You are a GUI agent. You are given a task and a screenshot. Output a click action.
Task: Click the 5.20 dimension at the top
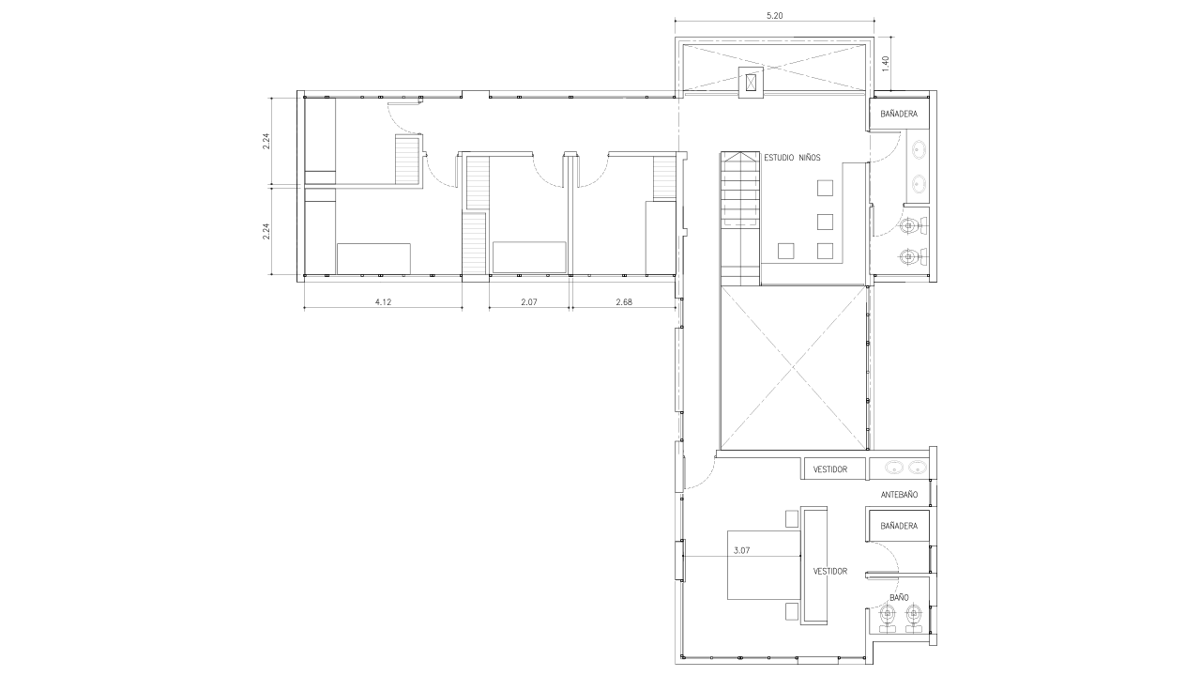(x=774, y=16)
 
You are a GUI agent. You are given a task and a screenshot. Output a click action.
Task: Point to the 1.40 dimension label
(x=885, y=64)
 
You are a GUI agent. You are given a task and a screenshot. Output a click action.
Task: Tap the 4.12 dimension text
(x=383, y=302)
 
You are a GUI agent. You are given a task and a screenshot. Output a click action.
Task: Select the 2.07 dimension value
(x=528, y=302)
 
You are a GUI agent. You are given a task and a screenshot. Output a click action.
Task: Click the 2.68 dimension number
(x=624, y=302)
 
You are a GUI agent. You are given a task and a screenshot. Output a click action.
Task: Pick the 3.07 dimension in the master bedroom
(x=741, y=550)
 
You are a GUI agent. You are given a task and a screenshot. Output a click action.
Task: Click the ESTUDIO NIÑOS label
(x=792, y=158)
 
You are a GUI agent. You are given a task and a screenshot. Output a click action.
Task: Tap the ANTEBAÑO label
(x=899, y=495)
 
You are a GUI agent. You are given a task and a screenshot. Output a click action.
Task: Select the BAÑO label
(x=899, y=597)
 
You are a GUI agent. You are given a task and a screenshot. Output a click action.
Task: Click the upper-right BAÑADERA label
(x=899, y=114)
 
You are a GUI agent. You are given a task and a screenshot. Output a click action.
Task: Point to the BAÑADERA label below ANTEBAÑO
(x=899, y=527)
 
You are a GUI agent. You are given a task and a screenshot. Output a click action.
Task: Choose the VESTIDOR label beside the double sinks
(x=830, y=469)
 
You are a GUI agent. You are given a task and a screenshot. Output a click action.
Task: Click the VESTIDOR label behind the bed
(x=830, y=572)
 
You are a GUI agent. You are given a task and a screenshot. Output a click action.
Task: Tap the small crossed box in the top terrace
(x=751, y=83)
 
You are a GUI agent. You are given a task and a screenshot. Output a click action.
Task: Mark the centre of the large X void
(x=794, y=367)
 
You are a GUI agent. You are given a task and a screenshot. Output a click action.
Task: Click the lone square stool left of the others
(x=786, y=251)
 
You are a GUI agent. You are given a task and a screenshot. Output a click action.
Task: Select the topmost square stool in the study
(x=825, y=188)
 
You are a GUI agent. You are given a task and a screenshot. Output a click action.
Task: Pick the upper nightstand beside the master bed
(x=792, y=519)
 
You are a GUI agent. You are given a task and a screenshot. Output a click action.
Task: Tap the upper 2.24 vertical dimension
(x=266, y=141)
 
